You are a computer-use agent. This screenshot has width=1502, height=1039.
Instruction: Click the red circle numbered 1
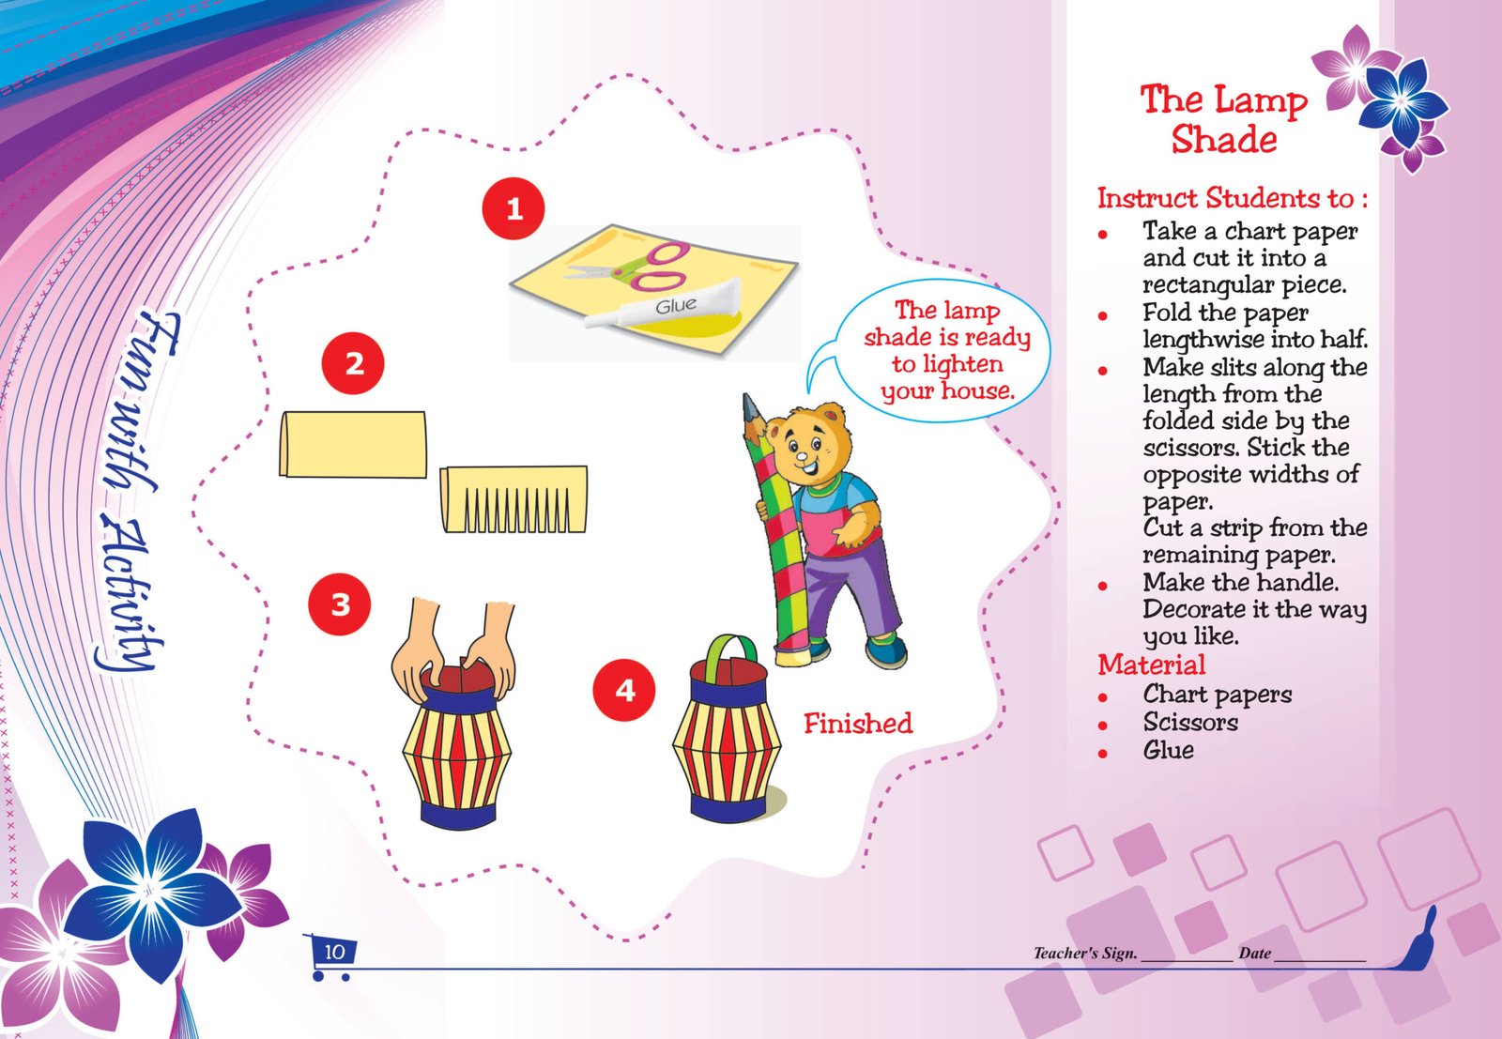513,208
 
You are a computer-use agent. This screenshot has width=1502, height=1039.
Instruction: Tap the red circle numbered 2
353,363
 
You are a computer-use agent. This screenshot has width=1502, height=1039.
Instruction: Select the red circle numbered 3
339,604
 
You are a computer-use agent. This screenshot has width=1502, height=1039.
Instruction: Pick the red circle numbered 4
624,690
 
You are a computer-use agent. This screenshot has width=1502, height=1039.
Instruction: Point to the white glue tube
664,306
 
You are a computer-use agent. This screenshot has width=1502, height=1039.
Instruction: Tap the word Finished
858,724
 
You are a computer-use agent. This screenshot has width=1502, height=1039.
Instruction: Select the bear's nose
802,457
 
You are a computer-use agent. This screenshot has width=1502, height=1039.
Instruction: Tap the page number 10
334,952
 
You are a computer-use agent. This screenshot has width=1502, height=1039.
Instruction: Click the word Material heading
1151,665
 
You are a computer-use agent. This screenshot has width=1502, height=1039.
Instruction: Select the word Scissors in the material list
1190,722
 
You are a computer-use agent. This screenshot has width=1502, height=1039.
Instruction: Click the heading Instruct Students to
1233,198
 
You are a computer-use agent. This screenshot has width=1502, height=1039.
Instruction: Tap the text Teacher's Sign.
1085,954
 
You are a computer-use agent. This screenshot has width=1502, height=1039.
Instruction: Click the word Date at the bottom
1254,954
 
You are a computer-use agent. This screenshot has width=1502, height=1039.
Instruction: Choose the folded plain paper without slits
353,445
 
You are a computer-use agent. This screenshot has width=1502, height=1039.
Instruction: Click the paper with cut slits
513,500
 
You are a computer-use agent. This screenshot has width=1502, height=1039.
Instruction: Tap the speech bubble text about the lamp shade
947,351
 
